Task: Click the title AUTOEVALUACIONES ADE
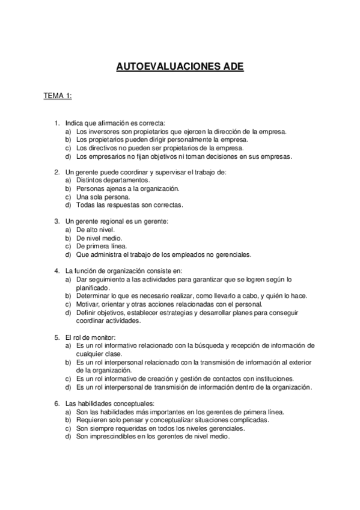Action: [x=180, y=68]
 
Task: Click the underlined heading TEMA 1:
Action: [x=58, y=96]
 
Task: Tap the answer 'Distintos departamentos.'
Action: [x=113, y=180]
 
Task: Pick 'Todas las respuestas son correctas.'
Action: [x=129, y=205]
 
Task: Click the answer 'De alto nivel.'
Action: [x=97, y=230]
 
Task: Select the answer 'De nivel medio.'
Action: [x=100, y=238]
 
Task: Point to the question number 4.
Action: [x=56, y=271]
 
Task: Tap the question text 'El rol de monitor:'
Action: [x=93, y=337]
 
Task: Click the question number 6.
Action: [x=56, y=403]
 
